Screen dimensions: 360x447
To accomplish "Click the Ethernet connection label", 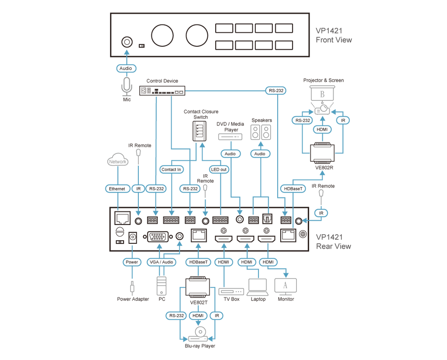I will (117, 189).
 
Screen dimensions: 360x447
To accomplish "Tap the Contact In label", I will (171, 169).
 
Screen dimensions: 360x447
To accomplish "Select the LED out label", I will (219, 169).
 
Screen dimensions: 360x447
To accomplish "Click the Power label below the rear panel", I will (131, 262).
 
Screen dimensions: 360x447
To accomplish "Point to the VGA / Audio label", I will (162, 262).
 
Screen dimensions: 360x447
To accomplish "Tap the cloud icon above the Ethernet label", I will (118, 160).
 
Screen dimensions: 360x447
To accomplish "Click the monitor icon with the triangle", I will (285, 285).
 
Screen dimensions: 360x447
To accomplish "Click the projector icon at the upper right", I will (322, 97).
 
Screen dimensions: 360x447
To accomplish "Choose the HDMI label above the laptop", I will (247, 262).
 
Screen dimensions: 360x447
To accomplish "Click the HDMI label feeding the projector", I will (322, 129).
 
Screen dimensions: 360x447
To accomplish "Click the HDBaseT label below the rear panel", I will (199, 262).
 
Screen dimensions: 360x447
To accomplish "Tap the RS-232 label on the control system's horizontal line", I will (276, 91).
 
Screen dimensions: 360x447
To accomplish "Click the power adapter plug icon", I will (132, 288).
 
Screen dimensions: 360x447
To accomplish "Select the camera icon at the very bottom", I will (199, 334).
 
